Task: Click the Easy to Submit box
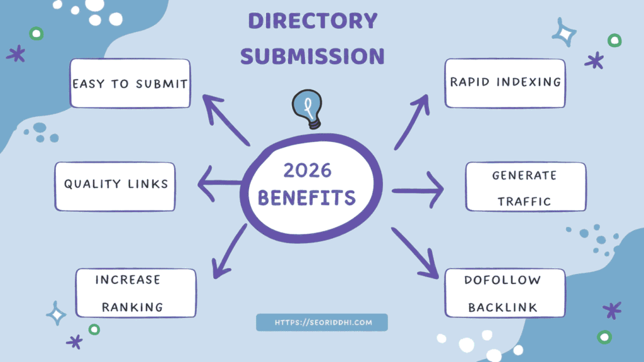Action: (130, 83)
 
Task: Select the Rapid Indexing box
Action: (505, 82)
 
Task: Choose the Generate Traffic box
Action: (525, 187)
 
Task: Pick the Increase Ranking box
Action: (136, 293)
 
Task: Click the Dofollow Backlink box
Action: (505, 293)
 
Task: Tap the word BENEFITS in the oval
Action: (307, 198)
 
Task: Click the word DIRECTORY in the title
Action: (313, 21)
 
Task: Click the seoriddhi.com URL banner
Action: (321, 322)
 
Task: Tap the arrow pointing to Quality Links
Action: (220, 184)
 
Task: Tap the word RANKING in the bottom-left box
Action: (133, 307)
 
